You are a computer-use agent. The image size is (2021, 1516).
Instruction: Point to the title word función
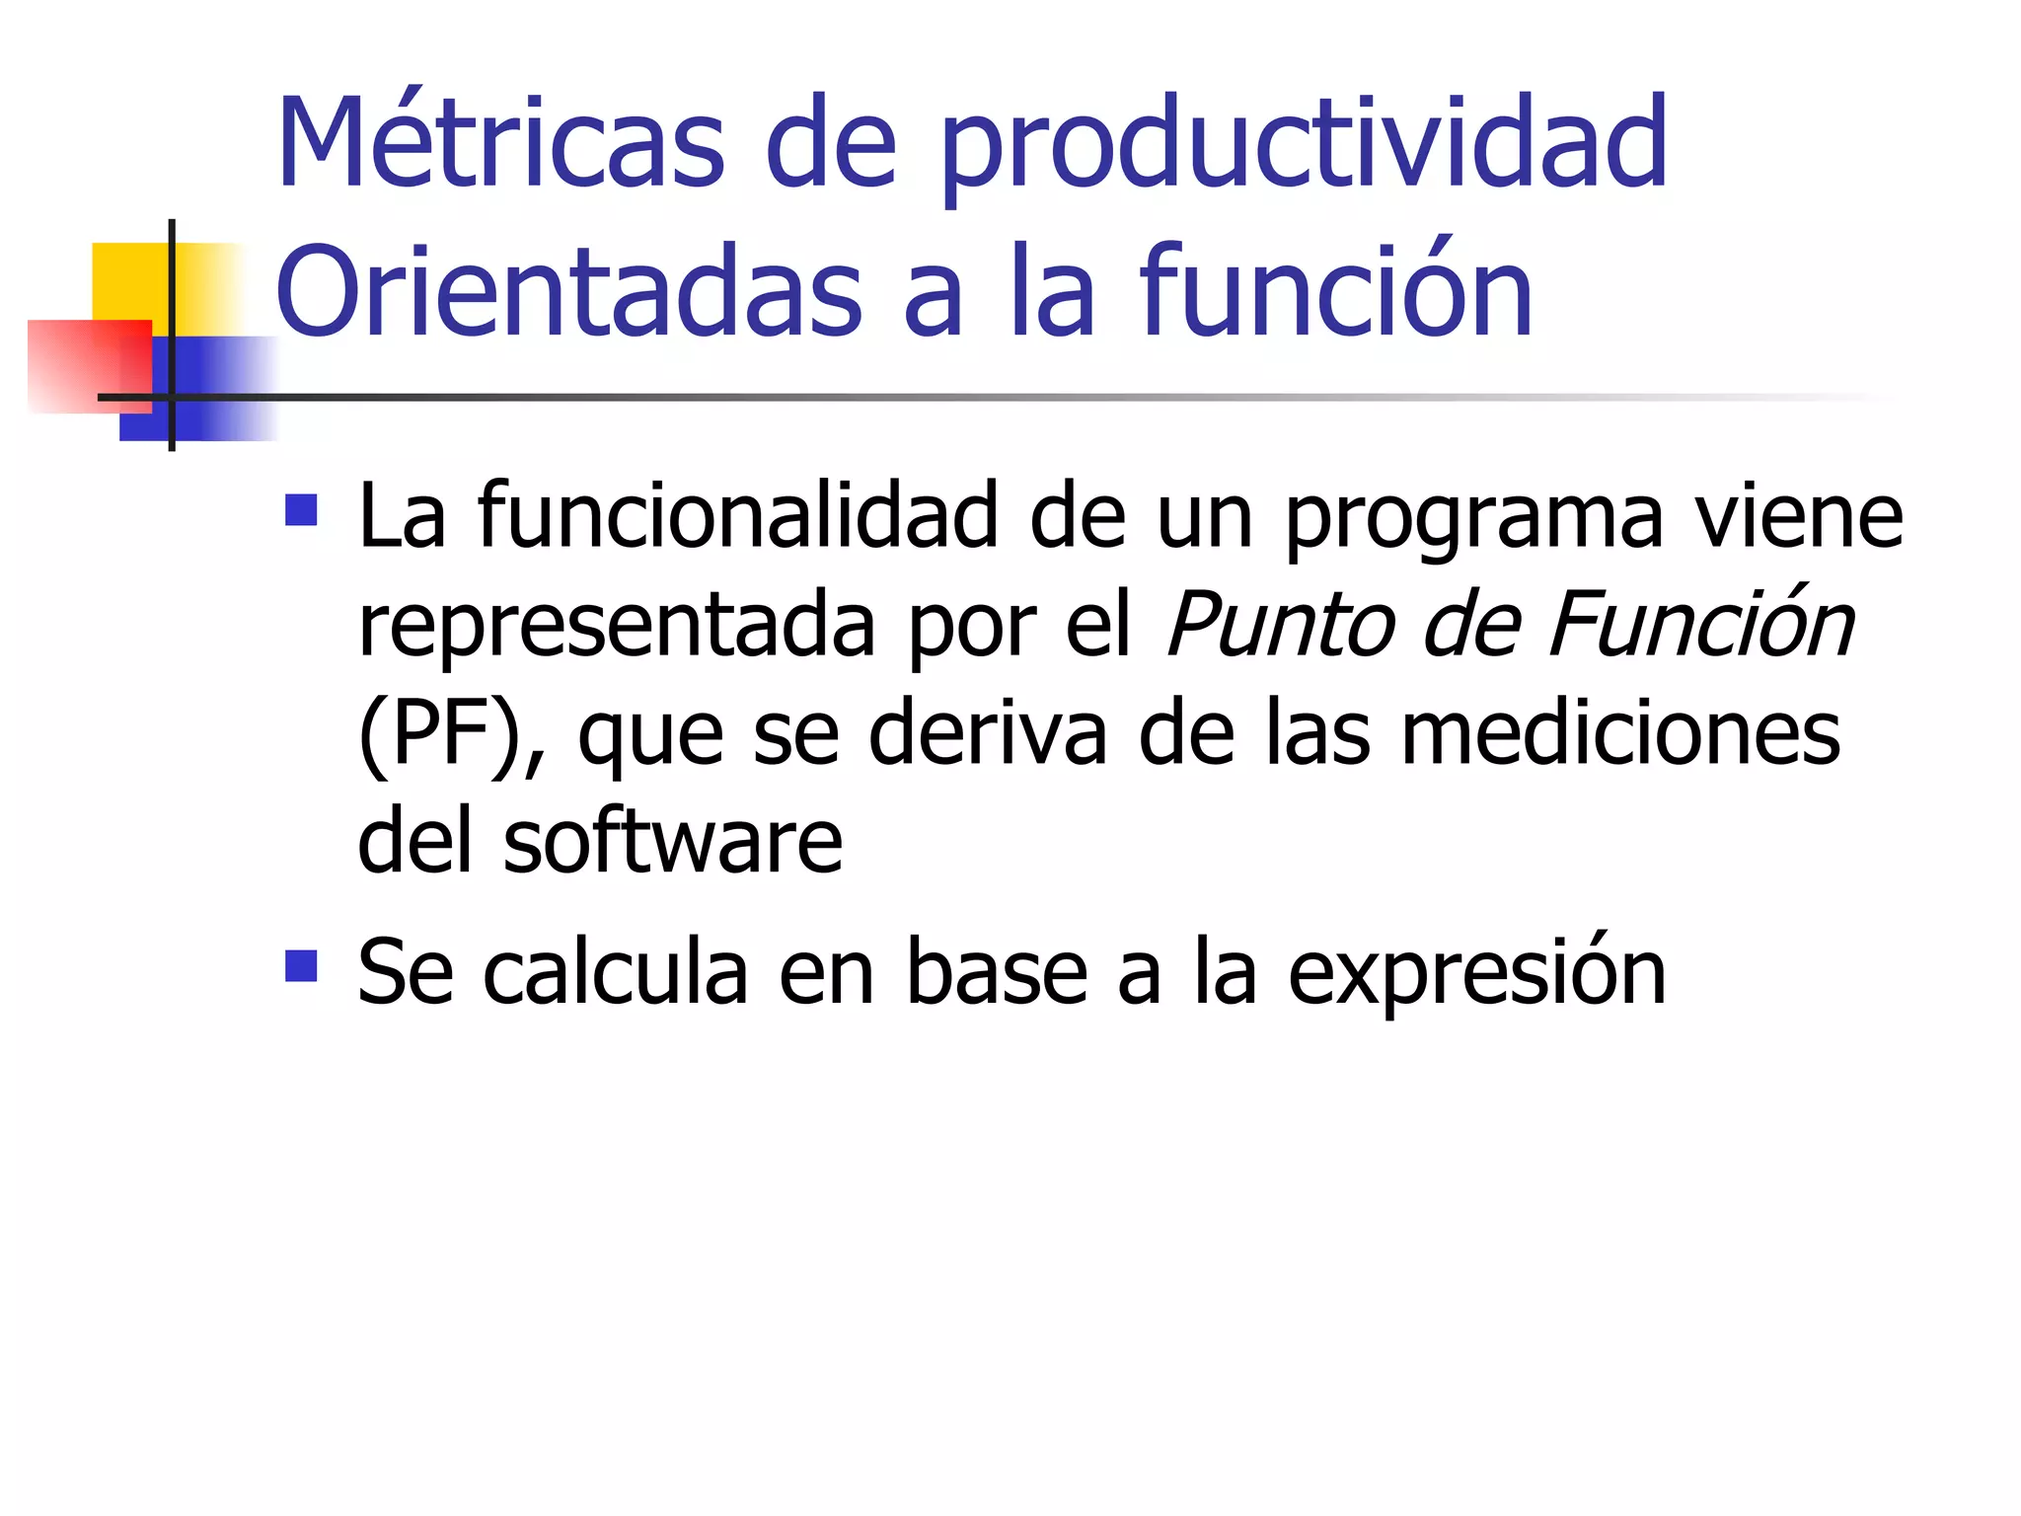1336,291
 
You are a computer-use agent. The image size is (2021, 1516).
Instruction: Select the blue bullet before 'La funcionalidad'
301,510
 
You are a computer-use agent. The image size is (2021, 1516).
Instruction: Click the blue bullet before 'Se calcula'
301,966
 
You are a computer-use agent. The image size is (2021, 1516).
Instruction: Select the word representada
617,626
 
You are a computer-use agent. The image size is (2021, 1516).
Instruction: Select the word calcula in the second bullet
616,973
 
